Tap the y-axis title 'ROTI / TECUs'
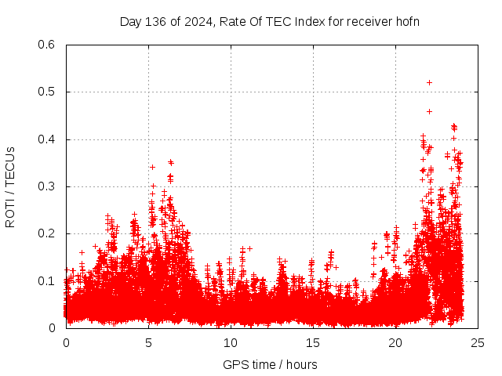click(10, 186)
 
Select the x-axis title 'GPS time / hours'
click(271, 364)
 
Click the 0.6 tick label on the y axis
click(47, 45)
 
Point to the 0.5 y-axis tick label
click(47, 92)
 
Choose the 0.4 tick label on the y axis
click(47, 139)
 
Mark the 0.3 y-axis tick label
click(47, 186)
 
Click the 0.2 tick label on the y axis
click(47, 233)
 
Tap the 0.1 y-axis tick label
click(47, 281)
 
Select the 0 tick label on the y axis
click(53, 328)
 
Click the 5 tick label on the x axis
click(148, 342)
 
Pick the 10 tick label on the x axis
click(231, 342)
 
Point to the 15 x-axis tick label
click(313, 342)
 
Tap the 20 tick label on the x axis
click(395, 342)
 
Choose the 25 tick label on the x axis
click(478, 342)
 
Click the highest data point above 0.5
click(429, 82)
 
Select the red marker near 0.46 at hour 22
click(429, 111)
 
